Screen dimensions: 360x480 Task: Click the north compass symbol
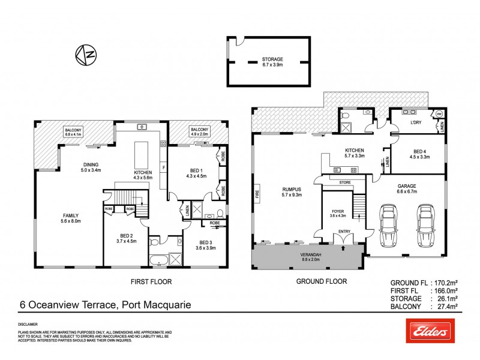tap(85, 55)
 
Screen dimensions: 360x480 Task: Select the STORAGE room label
tap(272, 59)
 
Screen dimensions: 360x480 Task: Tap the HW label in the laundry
tap(439, 113)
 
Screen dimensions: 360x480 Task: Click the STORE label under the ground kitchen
tap(344, 182)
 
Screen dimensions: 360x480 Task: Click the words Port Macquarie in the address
tap(157, 305)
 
